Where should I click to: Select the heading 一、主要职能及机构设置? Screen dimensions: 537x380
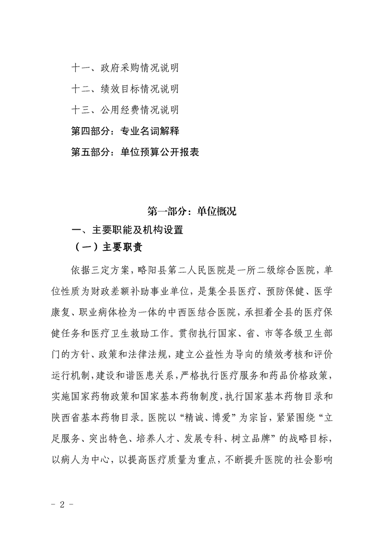pyautogui.click(x=127, y=230)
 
